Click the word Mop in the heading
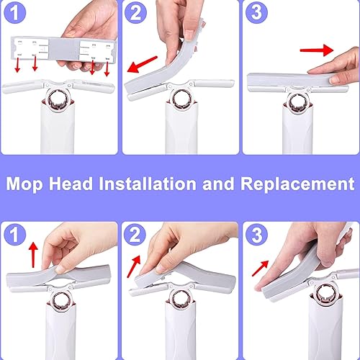[24, 184]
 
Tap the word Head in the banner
[71, 184]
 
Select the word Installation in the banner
[148, 184]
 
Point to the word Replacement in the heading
[297, 184]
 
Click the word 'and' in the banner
[218, 184]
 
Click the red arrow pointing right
[317, 50]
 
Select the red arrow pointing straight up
[33, 255]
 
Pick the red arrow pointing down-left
[142, 64]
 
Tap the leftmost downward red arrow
[17, 65]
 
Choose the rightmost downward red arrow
[107, 69]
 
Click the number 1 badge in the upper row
[15, 13]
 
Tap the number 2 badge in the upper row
[135, 13]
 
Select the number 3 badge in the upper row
[256, 12]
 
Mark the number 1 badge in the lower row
[15, 235]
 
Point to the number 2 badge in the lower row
[135, 235]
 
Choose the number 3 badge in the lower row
[256, 235]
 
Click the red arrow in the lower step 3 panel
[261, 268]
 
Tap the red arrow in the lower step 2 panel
[133, 266]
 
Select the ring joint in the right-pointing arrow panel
[297, 104]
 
